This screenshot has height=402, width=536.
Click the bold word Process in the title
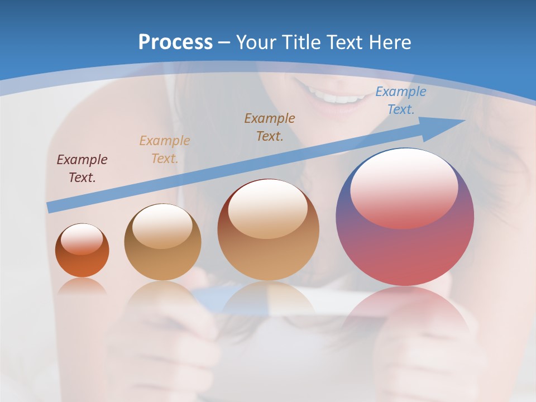175,42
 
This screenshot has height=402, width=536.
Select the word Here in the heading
391,42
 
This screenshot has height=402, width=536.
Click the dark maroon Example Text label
82,168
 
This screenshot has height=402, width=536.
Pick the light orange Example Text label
165,149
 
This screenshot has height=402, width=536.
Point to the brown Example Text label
270,127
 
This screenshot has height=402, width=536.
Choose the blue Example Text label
401,100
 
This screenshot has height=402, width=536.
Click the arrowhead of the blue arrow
449,124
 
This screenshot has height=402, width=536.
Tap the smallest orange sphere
82,262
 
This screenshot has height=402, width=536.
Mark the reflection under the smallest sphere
82,286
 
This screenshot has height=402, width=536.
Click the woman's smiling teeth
335,98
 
